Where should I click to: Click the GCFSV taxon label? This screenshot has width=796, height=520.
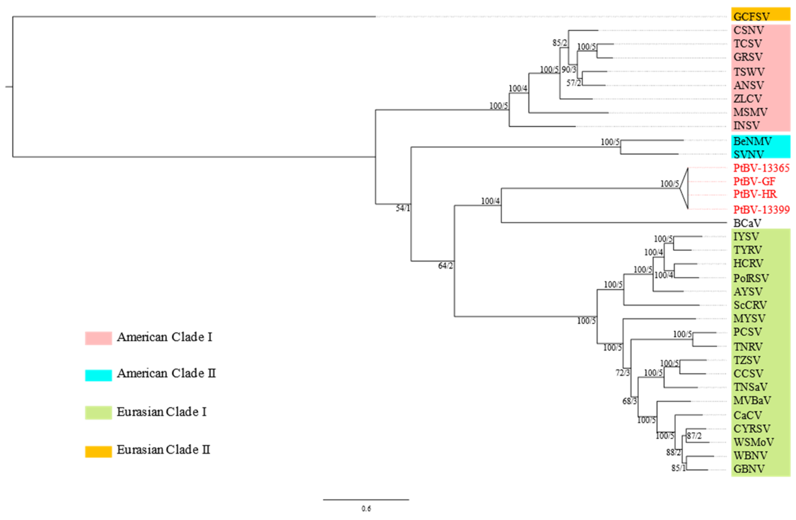(x=751, y=16)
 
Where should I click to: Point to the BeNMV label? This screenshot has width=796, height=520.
(x=752, y=141)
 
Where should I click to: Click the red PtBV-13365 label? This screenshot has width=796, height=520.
(x=761, y=168)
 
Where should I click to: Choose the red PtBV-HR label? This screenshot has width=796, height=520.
(x=755, y=194)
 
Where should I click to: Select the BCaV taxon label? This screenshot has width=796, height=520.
(x=747, y=223)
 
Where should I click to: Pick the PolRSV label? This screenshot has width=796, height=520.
(x=751, y=278)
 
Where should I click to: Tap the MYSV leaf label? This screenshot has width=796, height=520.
(x=749, y=318)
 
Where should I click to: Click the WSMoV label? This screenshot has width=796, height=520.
(x=753, y=442)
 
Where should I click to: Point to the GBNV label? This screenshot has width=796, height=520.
(x=749, y=469)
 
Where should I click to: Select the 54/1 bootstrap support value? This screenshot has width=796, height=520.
(x=403, y=208)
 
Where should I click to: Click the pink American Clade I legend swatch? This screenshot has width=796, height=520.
(x=98, y=338)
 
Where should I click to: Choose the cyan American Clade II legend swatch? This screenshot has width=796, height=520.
(x=98, y=375)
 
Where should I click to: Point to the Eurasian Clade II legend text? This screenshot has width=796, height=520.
(x=163, y=450)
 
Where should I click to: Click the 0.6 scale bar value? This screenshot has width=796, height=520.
(x=366, y=509)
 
